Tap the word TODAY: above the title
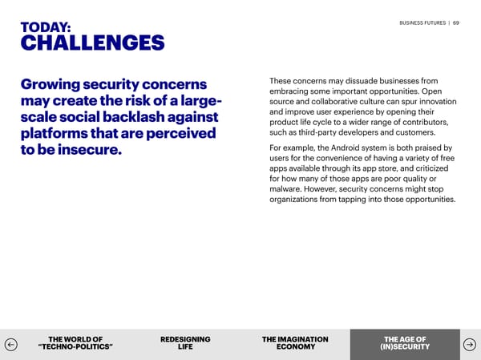coord(45,28)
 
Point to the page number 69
coord(456,23)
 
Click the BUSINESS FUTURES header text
coord(422,23)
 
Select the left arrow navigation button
coord(11,345)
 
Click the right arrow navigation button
coord(470,345)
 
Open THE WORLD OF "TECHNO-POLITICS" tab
coord(75,343)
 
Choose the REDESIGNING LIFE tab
coord(185,343)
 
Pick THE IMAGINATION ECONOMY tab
coord(295,343)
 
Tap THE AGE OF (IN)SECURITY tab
coord(405,343)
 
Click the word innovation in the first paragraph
coord(435,101)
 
